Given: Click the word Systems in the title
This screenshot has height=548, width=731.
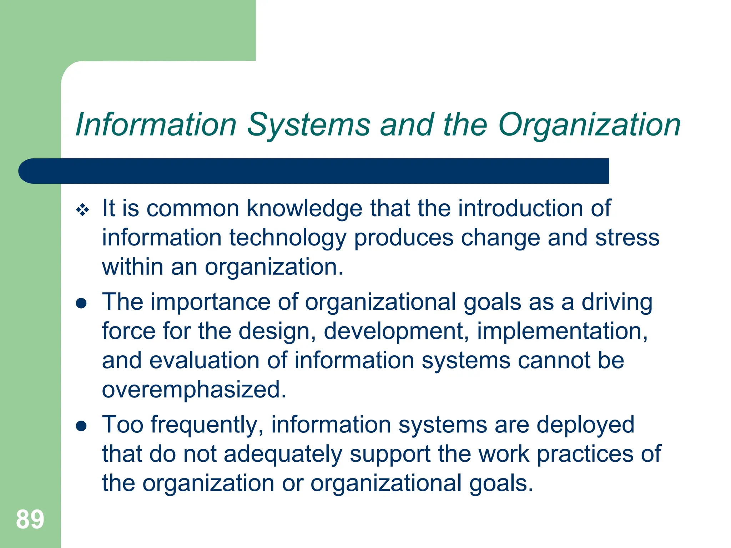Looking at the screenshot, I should (x=309, y=125).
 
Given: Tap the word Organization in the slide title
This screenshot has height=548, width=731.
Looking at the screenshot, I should (x=589, y=125).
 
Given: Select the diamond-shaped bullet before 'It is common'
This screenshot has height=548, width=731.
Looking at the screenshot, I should (x=82, y=210).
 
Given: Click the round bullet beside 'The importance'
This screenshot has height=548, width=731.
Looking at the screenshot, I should (x=82, y=303).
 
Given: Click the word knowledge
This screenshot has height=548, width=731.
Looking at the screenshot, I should (x=304, y=208).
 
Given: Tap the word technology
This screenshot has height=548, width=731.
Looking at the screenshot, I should (x=288, y=238).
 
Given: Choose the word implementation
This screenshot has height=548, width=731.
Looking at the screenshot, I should (x=562, y=331).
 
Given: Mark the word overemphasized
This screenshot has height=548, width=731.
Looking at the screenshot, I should (x=194, y=390).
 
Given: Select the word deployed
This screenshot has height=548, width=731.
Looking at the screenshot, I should (x=585, y=425).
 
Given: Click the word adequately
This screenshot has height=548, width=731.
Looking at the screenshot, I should (x=283, y=454).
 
